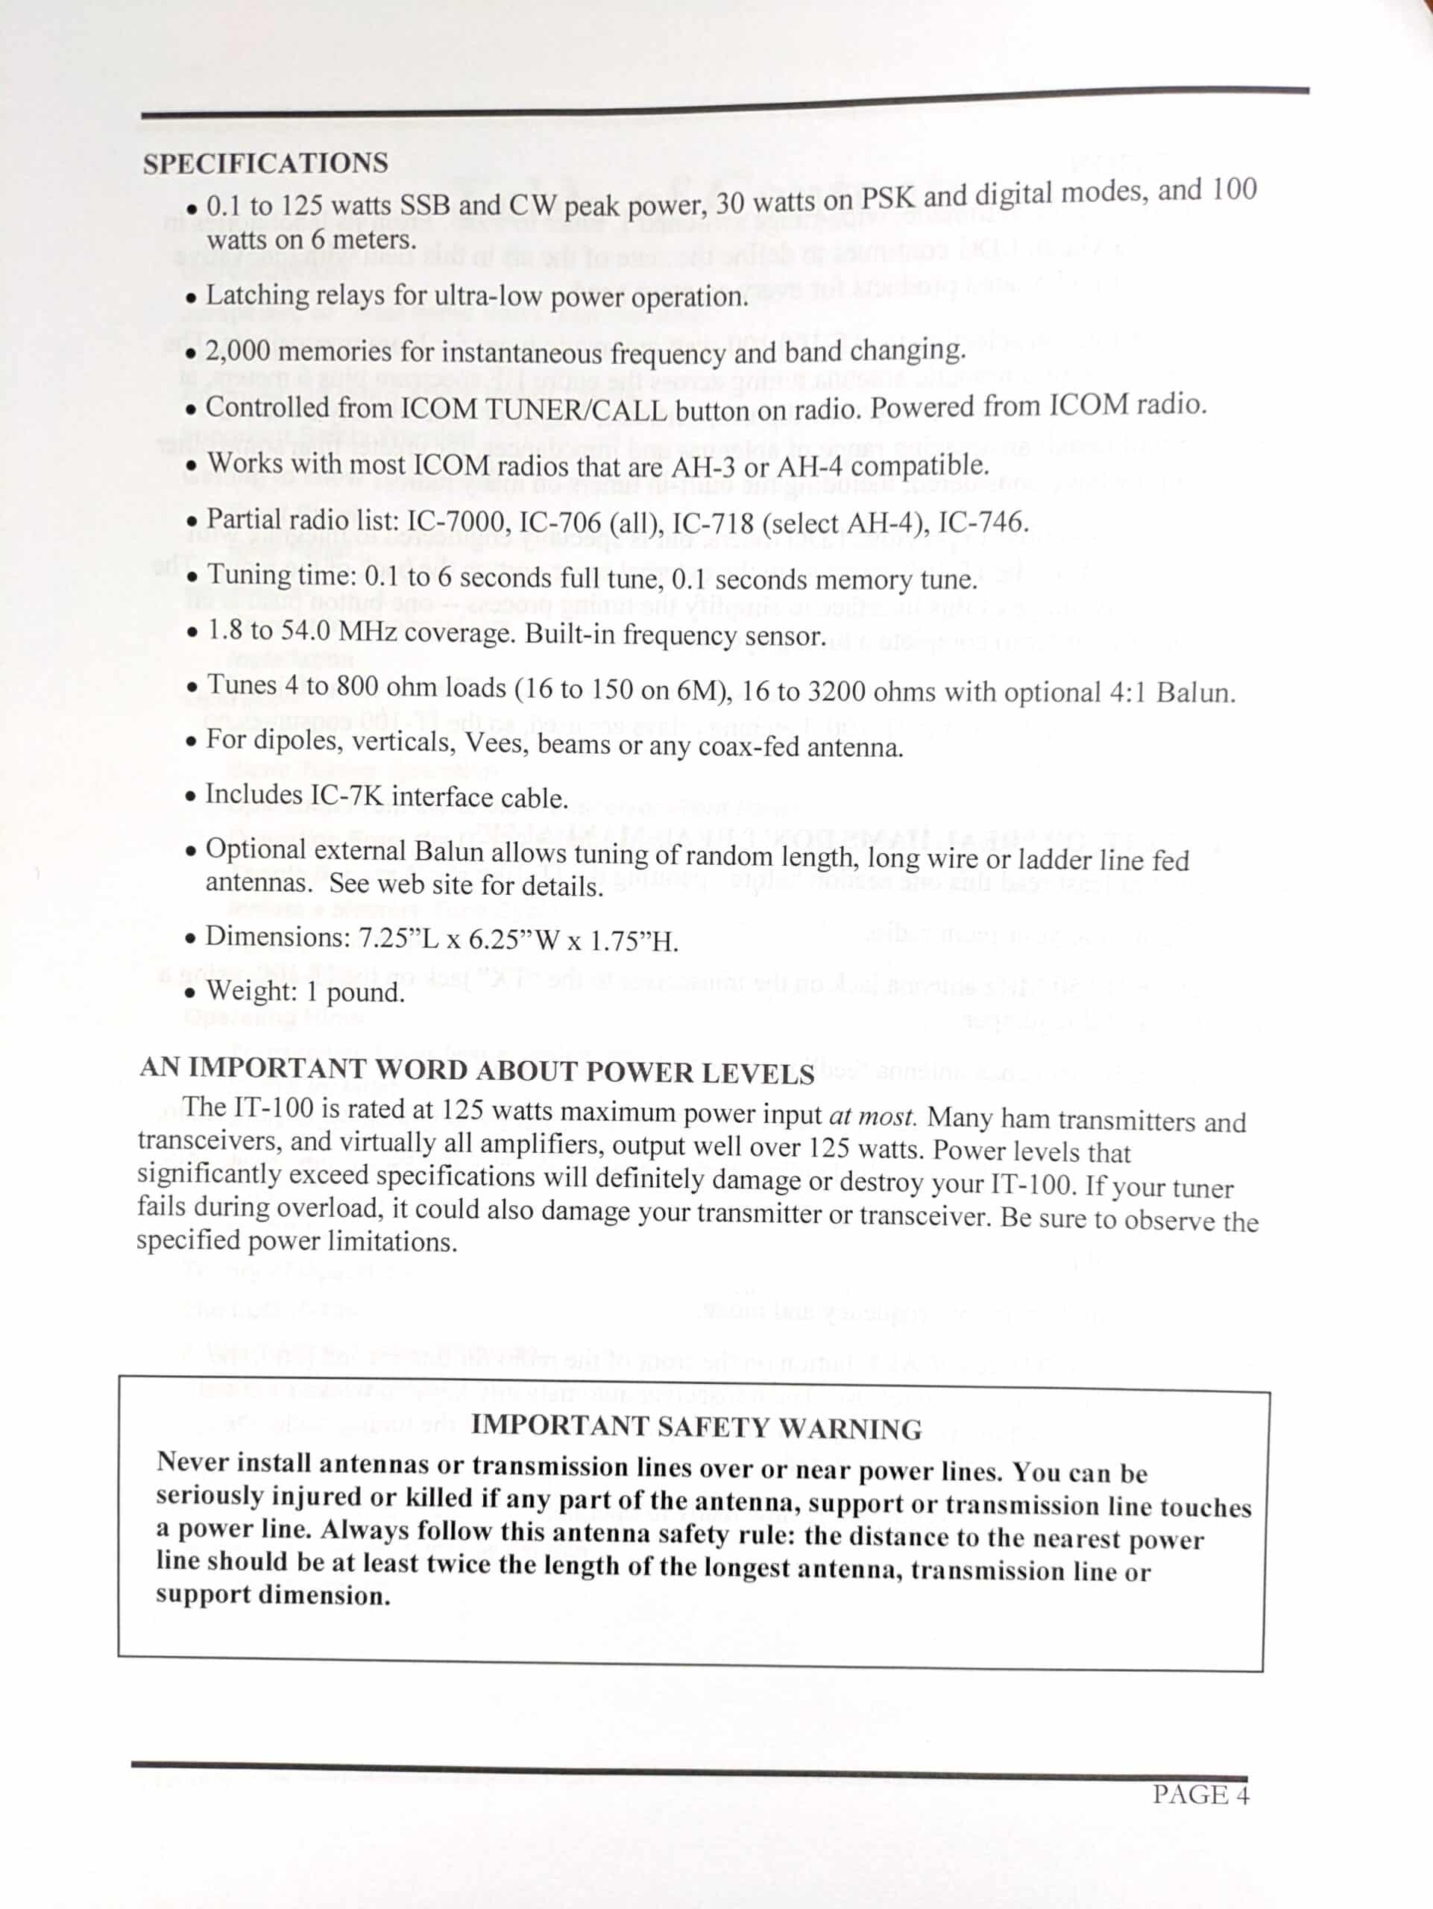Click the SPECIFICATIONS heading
pyautogui.click(x=265, y=164)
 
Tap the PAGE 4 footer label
pyautogui.click(x=1201, y=1795)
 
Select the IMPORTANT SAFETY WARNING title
pyautogui.click(x=696, y=1427)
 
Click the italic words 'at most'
pyautogui.click(x=872, y=1116)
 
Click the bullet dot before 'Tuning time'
pyautogui.click(x=192, y=577)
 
